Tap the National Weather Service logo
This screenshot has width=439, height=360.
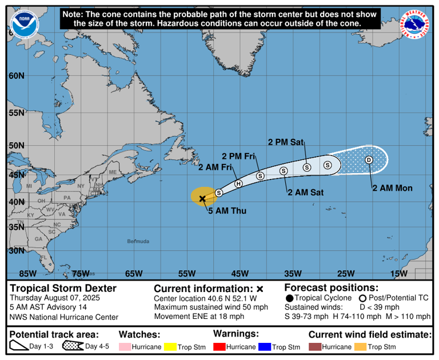[416, 23]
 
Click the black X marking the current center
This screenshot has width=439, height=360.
[202, 198]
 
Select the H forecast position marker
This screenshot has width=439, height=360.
[238, 183]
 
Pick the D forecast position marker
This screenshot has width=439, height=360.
[369, 160]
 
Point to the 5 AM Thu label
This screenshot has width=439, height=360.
[227, 211]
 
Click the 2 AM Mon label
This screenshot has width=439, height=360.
[392, 187]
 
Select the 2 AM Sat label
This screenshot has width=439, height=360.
[306, 193]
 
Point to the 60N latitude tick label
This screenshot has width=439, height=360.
[16, 76]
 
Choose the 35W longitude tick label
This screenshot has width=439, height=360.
[292, 274]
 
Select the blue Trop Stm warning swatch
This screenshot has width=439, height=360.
[264, 347]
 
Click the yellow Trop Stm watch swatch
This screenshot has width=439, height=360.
[170, 347]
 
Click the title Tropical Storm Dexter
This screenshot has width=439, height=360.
[63, 289]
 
